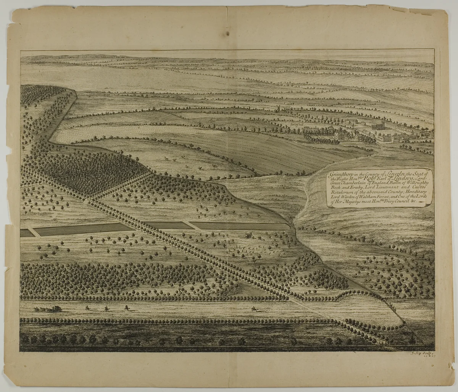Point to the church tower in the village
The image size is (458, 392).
tap(378, 126)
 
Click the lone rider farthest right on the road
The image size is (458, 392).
tap(253, 308)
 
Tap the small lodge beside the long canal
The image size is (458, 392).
tap(249, 236)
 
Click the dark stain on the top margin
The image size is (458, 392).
tap(227, 34)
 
